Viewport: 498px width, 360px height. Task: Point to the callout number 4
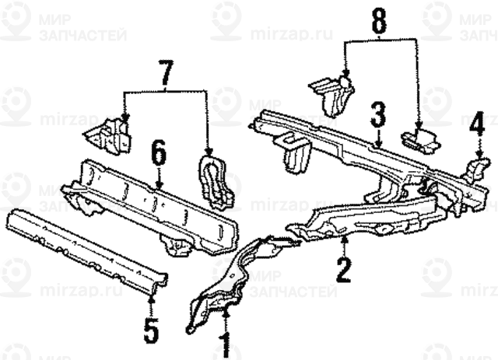pyautogui.click(x=476, y=124)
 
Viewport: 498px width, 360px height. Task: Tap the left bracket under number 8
pyautogui.click(x=330, y=93)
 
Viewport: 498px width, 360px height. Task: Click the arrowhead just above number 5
pyautogui.click(x=152, y=296)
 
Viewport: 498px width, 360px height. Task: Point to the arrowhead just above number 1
pyautogui.click(x=225, y=312)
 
